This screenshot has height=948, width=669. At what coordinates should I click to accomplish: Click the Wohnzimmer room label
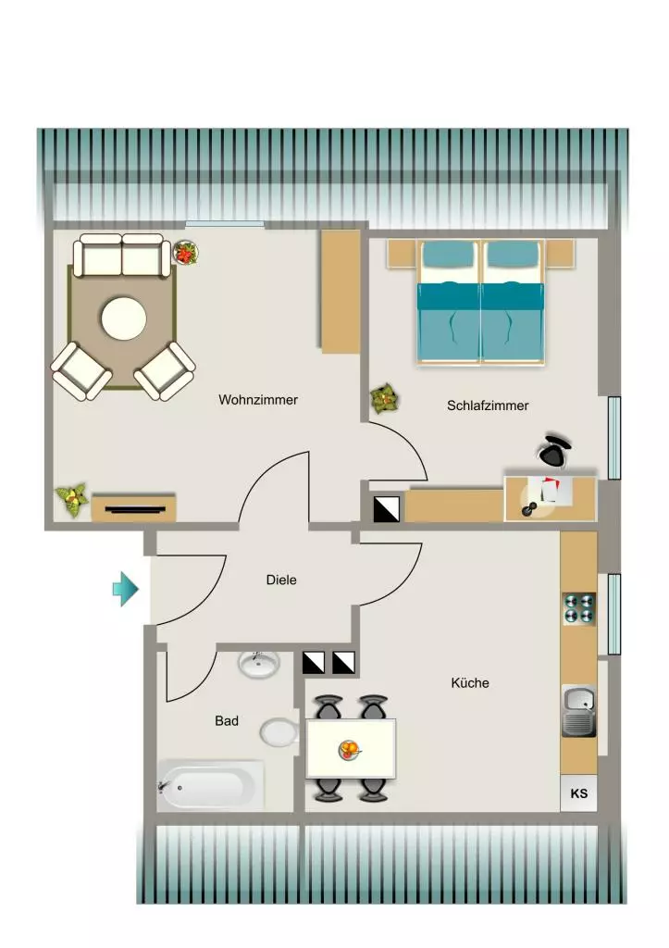258,400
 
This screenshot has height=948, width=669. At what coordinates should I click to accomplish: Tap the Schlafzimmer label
488,405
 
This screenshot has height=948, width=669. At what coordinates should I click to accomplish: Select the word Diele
281,580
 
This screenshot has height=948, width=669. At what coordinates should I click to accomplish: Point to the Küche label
470,682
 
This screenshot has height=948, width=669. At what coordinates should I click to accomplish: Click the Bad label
227,720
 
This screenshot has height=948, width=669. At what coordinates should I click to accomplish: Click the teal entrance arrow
126,588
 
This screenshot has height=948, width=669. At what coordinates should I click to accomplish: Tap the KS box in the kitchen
579,793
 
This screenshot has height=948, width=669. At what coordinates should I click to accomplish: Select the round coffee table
124,318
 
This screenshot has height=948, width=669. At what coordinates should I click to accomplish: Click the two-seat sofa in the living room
122,256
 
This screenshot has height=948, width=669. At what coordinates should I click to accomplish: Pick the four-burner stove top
579,608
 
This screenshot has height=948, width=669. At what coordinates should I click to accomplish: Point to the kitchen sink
579,711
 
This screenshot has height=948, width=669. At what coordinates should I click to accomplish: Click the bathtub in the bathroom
210,785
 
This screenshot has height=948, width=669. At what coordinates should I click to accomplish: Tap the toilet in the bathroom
279,732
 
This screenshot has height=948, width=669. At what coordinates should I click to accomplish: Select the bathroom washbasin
259,665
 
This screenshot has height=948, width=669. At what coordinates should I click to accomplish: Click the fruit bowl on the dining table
349,750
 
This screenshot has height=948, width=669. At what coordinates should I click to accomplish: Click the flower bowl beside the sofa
186,252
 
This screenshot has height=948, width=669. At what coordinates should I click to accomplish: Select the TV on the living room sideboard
135,509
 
